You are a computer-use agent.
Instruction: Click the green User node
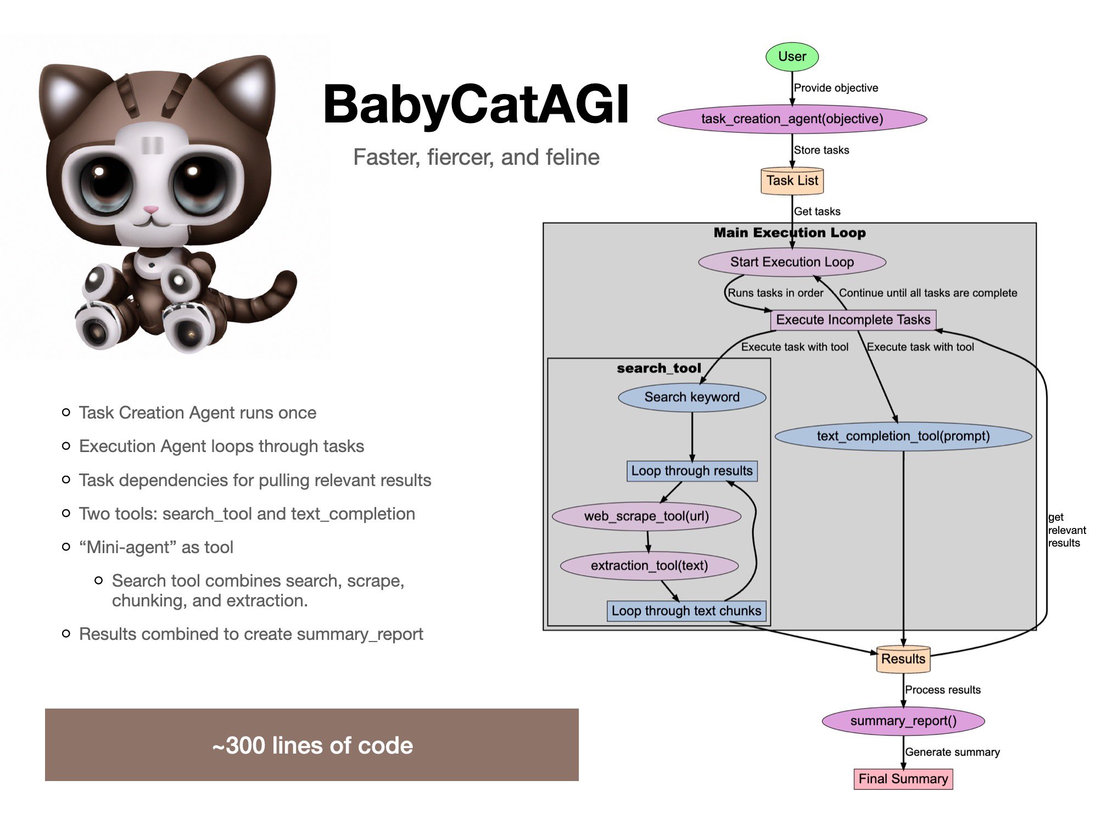pyautogui.click(x=792, y=57)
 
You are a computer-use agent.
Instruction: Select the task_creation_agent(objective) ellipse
pyautogui.click(x=792, y=119)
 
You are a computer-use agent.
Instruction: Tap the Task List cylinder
pyautogui.click(x=792, y=181)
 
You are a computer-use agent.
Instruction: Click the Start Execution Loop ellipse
pyautogui.click(x=792, y=262)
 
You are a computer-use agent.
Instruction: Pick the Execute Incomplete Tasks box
pyautogui.click(x=853, y=320)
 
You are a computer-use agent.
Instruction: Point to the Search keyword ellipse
pyautogui.click(x=692, y=397)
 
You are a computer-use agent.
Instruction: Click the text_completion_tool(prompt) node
pyautogui.click(x=903, y=436)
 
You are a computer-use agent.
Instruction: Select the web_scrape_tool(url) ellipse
pyautogui.click(x=646, y=516)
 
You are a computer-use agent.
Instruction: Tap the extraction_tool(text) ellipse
pyautogui.click(x=649, y=566)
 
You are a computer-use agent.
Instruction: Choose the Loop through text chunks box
pyautogui.click(x=686, y=611)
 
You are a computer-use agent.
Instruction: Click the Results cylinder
pyautogui.click(x=903, y=659)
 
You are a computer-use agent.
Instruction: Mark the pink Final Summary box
pyautogui.click(x=903, y=779)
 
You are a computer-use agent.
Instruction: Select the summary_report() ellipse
pyautogui.click(x=903, y=721)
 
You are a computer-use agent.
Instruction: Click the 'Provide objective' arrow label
pyautogui.click(x=836, y=88)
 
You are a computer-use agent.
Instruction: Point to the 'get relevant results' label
pyautogui.click(x=1066, y=530)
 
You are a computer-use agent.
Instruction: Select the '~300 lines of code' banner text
pyautogui.click(x=312, y=745)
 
